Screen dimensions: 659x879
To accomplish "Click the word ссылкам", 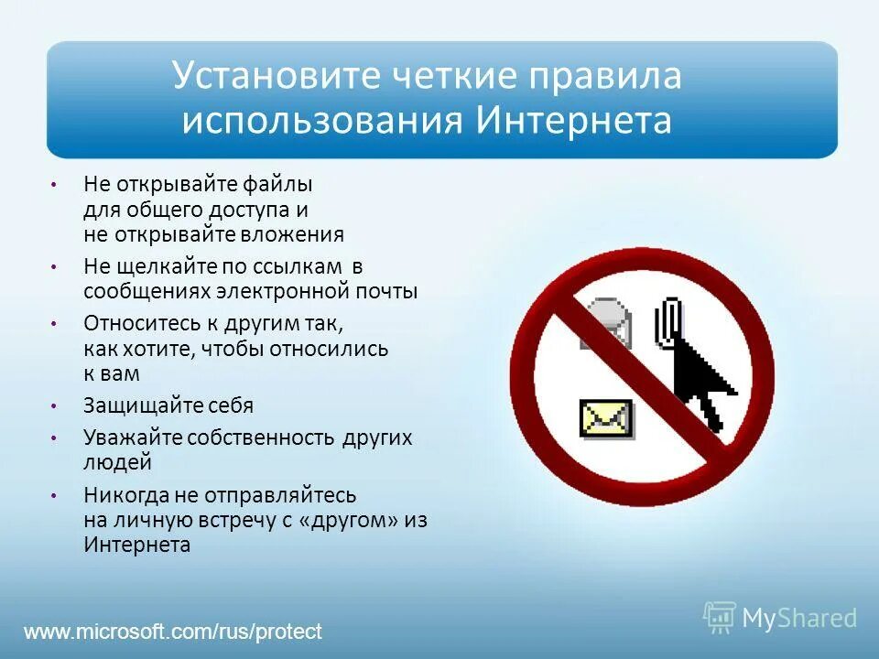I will click(298, 267).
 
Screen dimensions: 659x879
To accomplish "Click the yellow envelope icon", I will click(605, 417).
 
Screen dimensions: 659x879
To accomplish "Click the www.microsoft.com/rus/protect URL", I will click(173, 632).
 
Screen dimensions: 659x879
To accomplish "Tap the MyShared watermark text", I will click(798, 619).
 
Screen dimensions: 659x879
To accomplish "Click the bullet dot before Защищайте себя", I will click(55, 405).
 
